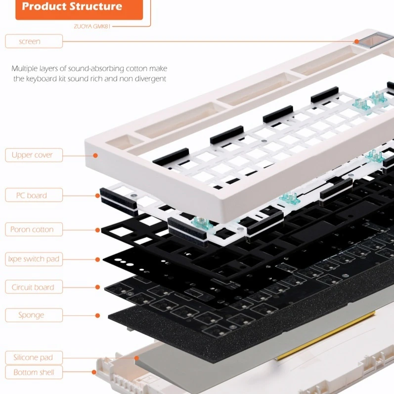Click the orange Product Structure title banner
tap(79, 8)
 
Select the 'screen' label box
tap(34, 41)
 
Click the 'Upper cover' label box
tap(34, 155)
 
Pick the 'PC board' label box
tap(34, 195)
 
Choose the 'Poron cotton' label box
tap(34, 229)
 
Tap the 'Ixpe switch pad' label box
tap(34, 259)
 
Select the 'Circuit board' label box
tap(34, 287)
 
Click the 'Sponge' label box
tap(34, 315)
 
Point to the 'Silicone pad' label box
tap(34, 357)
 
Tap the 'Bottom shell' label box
tap(34, 372)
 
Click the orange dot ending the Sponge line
tap(98, 315)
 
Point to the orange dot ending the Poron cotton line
tap(98, 229)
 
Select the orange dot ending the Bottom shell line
tap(94, 372)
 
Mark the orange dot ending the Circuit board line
tap(98, 287)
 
